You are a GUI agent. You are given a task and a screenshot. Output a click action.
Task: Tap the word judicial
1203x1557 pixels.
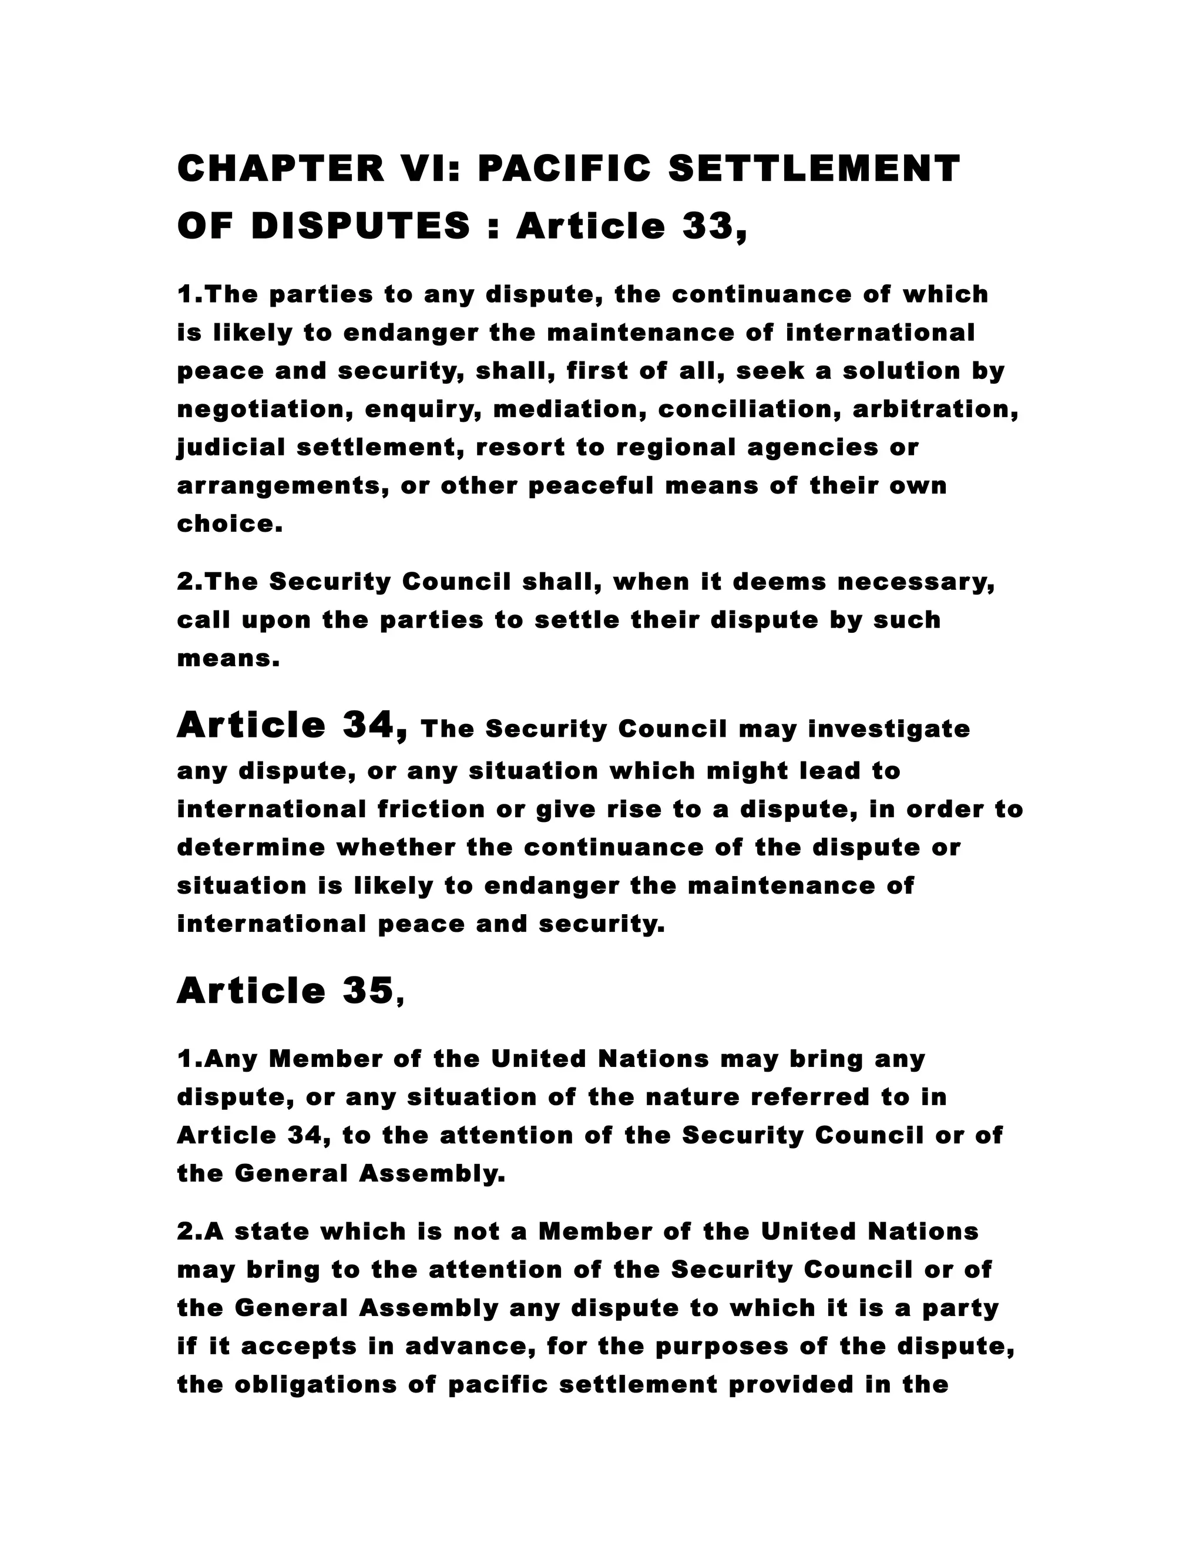point(231,448)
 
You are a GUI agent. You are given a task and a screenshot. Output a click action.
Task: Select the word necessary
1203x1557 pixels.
point(915,582)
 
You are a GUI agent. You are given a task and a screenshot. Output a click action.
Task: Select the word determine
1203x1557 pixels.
point(250,848)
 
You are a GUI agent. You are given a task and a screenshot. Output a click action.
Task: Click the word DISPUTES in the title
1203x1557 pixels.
point(361,227)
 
